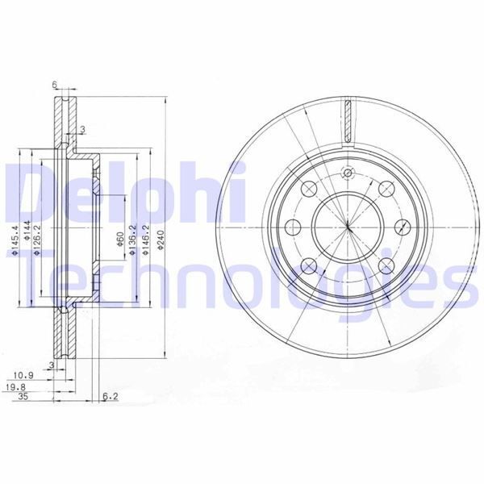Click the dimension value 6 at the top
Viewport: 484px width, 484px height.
tap(53, 85)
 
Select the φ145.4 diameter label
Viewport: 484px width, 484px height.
tap(15, 240)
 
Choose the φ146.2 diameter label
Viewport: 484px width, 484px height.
tap(144, 240)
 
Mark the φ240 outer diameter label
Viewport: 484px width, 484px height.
tap(161, 240)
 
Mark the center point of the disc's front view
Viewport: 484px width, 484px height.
tap(348, 227)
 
